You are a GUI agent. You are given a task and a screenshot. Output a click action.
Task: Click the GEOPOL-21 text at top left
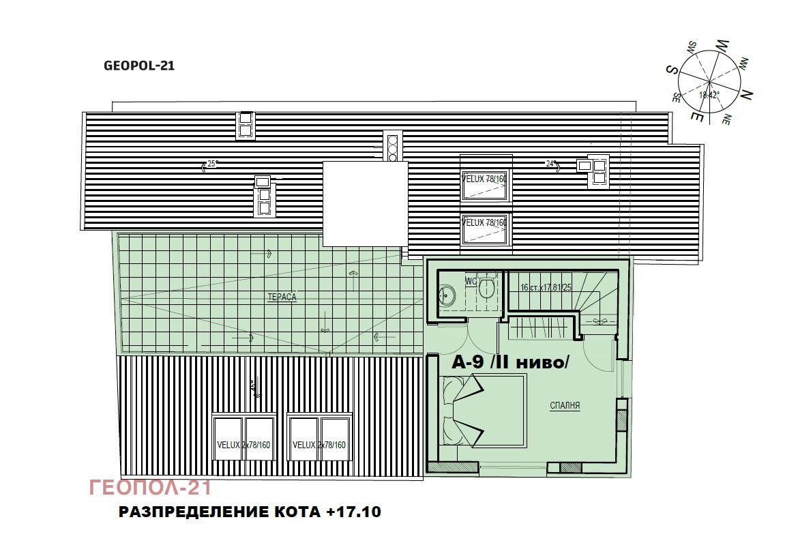[x=139, y=66]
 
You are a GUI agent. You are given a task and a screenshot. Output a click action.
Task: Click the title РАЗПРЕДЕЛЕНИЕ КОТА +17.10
[x=250, y=512]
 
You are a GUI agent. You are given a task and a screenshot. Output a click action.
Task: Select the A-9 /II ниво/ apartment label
[x=510, y=364]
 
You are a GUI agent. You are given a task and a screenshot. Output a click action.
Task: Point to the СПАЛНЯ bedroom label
[x=565, y=405]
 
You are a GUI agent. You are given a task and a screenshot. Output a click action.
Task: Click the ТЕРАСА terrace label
[x=282, y=297]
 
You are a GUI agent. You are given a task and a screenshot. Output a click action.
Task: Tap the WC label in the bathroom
[x=471, y=281]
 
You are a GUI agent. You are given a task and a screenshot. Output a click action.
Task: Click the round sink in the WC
[x=447, y=294]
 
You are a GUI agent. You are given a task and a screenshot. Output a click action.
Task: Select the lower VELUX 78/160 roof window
[x=486, y=229]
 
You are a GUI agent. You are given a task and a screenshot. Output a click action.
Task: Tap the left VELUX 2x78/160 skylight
[x=243, y=444]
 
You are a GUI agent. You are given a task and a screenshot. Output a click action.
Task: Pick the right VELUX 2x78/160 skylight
[x=319, y=444]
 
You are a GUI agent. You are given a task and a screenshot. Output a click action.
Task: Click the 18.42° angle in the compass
[x=709, y=96]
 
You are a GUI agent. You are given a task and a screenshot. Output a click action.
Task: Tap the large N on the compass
[x=746, y=93]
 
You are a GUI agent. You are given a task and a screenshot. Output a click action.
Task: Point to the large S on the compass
[x=671, y=70]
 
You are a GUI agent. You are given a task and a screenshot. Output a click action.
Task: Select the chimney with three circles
[x=392, y=146]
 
